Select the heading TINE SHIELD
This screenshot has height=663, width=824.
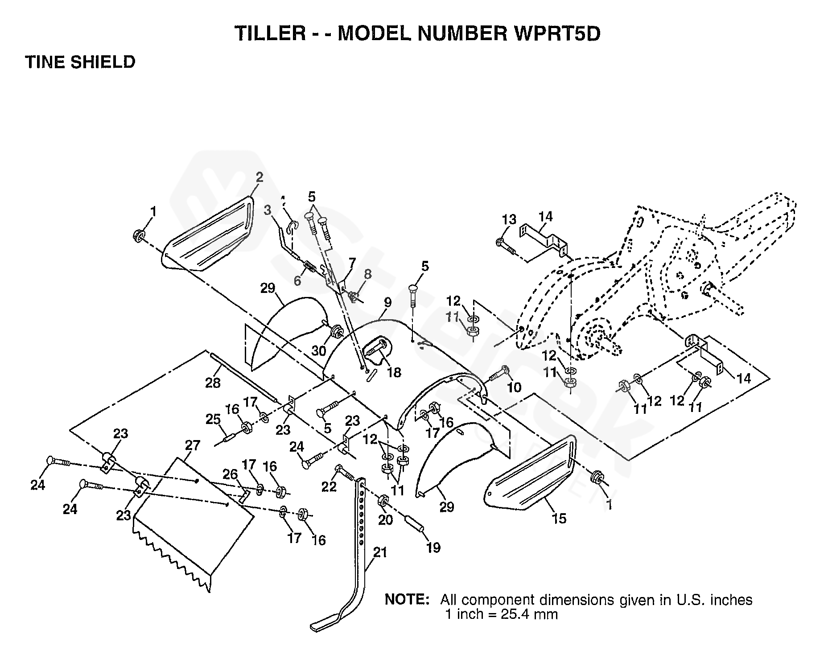point(80,62)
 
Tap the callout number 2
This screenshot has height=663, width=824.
point(259,177)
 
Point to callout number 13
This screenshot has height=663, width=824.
point(509,219)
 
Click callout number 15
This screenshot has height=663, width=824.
point(559,518)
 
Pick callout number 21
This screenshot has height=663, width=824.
point(380,552)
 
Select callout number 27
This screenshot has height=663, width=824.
point(193,445)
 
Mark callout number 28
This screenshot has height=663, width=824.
point(213,383)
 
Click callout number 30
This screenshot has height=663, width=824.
point(318,351)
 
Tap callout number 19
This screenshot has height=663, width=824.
point(433,547)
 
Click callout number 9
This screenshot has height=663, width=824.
point(387,303)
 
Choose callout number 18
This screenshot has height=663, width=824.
point(394,372)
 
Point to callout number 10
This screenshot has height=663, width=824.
point(514,387)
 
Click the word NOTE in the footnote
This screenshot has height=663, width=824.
point(406,600)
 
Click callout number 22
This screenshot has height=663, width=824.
point(329,486)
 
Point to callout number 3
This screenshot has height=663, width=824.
point(268,210)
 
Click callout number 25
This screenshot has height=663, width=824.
point(213,420)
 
